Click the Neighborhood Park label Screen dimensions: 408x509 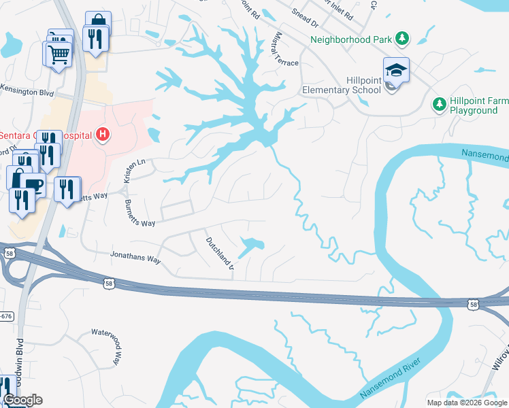351,39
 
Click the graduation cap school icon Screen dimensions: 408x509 395,68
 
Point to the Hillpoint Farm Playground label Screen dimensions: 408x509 478,105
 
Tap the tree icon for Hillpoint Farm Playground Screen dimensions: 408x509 439,104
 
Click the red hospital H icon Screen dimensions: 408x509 102,135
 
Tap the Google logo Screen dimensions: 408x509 22,400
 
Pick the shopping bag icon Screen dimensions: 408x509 98,21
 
